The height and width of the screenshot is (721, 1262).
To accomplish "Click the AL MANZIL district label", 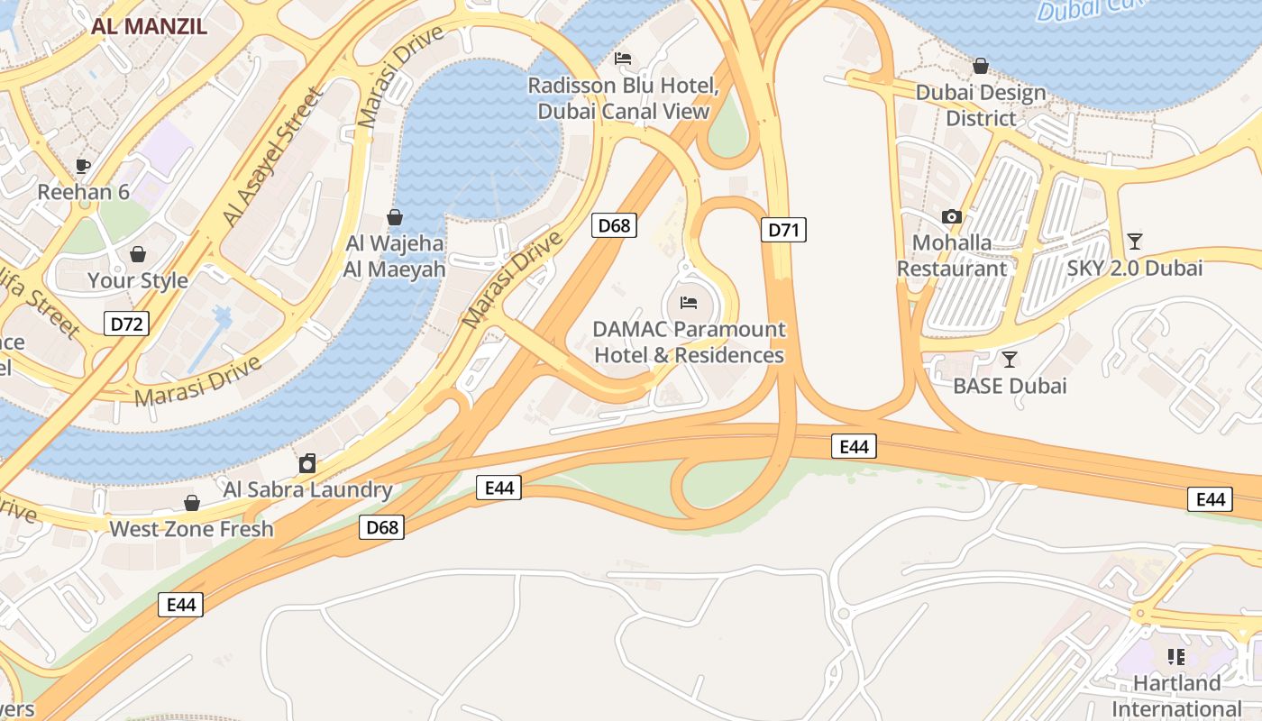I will tap(149, 25).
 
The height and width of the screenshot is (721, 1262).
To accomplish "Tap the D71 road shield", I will tap(783, 230).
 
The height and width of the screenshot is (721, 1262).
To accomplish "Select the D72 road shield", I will tap(125, 324).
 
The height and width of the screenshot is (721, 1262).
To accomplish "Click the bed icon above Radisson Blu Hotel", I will tap(623, 59).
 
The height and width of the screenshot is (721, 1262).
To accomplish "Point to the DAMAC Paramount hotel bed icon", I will tap(689, 303).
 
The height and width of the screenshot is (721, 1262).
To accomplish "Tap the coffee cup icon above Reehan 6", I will tap(83, 166).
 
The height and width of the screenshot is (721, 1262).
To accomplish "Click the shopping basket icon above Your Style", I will tap(138, 254).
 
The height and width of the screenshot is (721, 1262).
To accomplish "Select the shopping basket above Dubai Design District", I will tap(981, 66).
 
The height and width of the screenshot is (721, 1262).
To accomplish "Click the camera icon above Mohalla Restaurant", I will tap(951, 216).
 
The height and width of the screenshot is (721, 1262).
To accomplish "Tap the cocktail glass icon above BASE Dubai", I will tap(1010, 360).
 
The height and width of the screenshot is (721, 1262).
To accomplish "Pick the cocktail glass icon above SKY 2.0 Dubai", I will tap(1134, 242).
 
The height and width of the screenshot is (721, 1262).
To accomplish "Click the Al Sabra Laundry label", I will tap(307, 490).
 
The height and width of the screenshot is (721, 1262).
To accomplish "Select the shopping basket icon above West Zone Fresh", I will tap(191, 503).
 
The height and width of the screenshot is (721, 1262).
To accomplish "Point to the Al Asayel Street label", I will tap(272, 158).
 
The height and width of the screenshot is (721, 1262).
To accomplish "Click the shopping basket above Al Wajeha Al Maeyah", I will tap(394, 217).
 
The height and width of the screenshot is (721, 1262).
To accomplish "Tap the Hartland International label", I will tap(1176, 695).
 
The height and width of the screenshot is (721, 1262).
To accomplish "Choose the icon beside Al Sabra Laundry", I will tap(307, 464).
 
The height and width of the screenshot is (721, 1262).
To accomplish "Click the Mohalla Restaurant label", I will tap(952, 255).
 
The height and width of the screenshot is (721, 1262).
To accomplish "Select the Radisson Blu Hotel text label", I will tap(623, 98).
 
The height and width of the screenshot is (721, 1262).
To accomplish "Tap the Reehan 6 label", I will tap(83, 192).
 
